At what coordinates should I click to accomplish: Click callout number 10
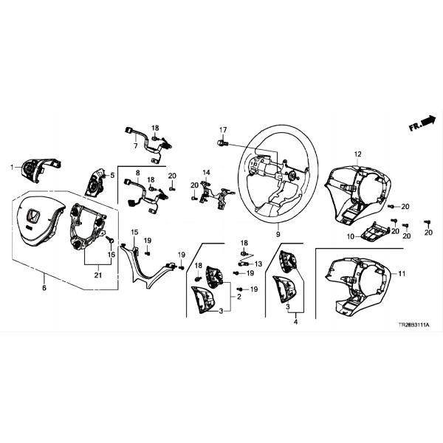pos(351,236)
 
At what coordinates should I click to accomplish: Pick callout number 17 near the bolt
pos(222,130)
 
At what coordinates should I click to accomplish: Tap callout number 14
pos(207,172)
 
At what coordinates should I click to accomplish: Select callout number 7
pos(135,146)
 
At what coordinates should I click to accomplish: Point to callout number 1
pos(11,168)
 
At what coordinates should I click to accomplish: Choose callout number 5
pos(111,175)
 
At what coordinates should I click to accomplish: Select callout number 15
pos(134,232)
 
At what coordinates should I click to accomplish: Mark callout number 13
pos(258,264)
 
